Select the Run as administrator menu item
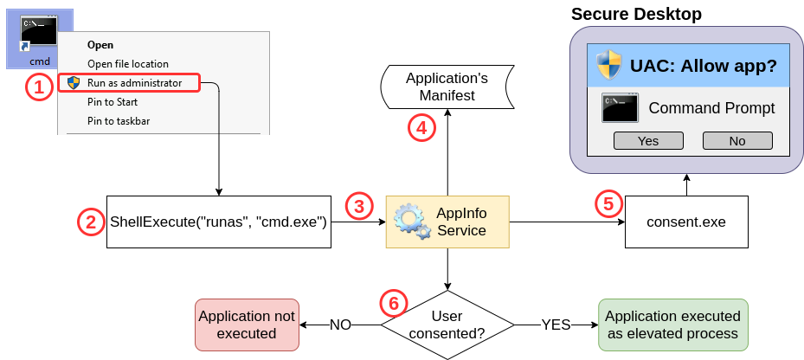133,83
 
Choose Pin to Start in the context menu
113,102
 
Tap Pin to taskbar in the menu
119,121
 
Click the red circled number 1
38,87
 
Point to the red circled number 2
91,222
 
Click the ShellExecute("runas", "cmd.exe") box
218,222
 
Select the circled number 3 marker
360,206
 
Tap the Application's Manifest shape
447,87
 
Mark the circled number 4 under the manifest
421,127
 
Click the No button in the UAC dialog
736,141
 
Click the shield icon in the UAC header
609,66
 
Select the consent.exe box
685,222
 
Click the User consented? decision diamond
447,324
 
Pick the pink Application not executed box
247,325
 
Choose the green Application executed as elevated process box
672,325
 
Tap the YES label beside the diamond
556,325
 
